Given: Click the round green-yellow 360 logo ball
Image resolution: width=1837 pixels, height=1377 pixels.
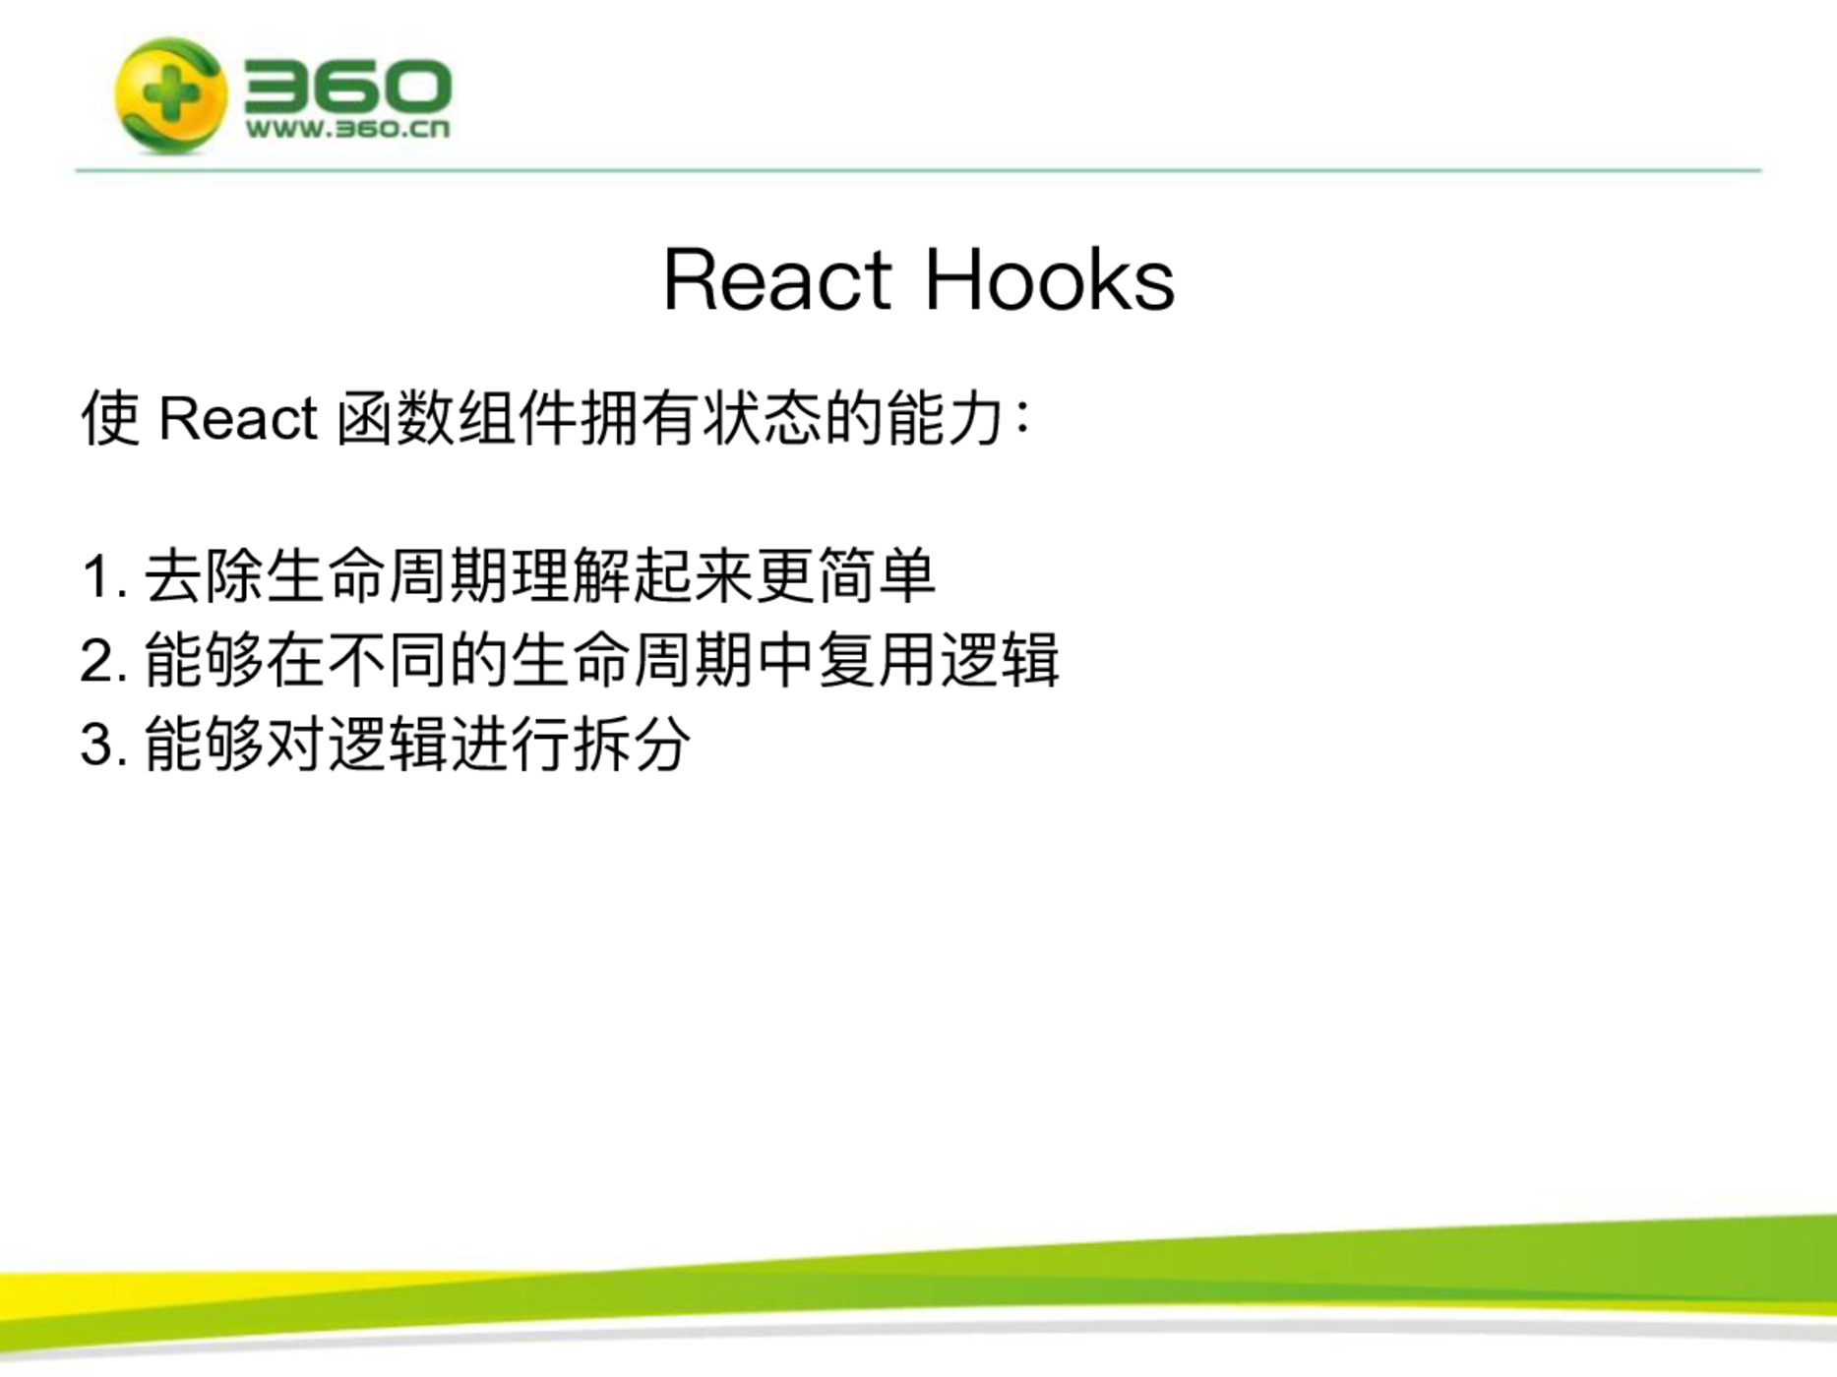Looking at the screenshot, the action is click(170, 95).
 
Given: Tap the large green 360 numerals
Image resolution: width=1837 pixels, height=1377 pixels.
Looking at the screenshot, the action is click(347, 86).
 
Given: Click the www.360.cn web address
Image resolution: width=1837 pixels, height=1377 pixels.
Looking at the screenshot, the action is click(347, 129).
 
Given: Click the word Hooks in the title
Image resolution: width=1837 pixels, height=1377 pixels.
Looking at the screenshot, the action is click(1050, 279).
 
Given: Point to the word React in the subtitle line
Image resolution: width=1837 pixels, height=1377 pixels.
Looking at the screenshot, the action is click(237, 418).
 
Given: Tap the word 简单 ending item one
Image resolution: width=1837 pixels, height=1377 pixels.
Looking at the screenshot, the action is click(876, 575).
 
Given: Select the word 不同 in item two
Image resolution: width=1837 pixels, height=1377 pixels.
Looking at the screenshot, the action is click(387, 659).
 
